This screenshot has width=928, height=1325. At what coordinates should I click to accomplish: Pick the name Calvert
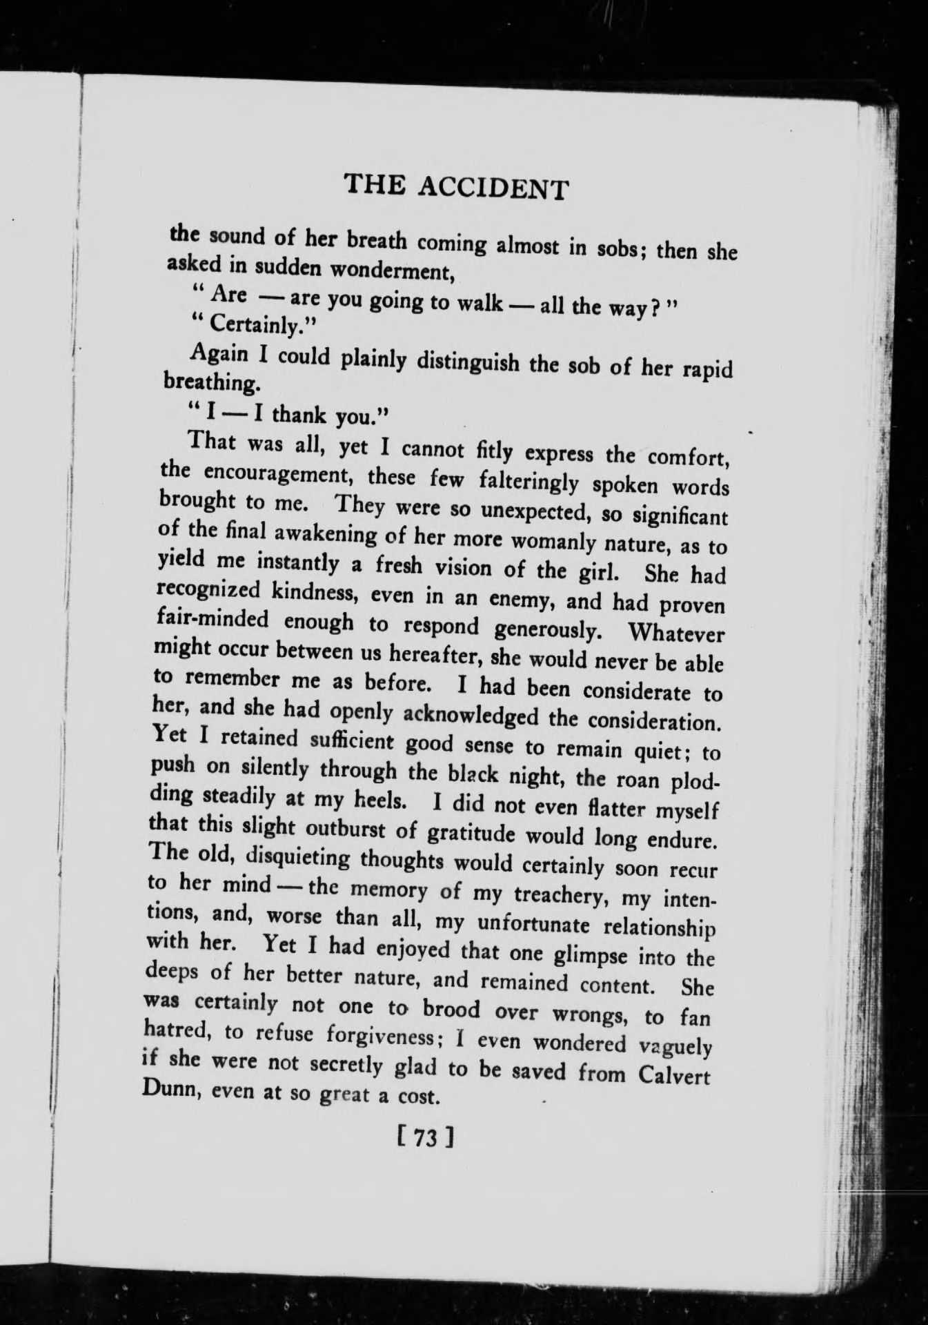(x=673, y=1077)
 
